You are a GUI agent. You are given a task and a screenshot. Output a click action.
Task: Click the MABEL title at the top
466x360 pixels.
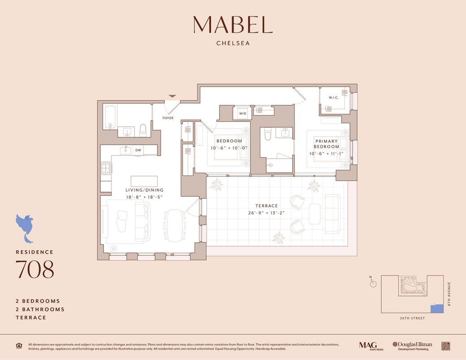[x=233, y=25]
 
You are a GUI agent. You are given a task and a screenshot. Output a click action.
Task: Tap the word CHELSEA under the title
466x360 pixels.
[x=233, y=43]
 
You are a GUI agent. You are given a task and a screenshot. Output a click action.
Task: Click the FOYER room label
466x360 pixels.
[x=168, y=118]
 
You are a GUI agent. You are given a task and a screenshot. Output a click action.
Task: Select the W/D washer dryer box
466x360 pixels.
[x=242, y=114]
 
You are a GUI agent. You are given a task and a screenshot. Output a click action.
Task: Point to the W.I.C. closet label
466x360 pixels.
[x=333, y=97]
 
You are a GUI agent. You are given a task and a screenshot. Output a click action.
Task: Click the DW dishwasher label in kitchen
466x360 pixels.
[x=138, y=150]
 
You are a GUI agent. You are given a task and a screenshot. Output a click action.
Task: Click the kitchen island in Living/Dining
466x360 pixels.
[x=144, y=181]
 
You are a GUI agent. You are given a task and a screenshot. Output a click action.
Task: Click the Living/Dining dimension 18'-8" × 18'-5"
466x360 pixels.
[x=144, y=196]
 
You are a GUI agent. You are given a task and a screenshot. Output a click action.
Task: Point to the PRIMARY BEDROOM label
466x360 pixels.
[x=326, y=144]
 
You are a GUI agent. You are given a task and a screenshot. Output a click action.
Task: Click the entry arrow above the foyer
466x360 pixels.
[x=172, y=96]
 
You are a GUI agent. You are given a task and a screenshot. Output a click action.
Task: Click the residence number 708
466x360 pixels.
[x=35, y=269]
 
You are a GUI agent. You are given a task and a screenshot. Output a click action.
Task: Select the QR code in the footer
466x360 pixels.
[x=445, y=346]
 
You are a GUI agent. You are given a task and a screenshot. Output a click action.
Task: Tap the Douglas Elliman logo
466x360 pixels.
[x=412, y=346]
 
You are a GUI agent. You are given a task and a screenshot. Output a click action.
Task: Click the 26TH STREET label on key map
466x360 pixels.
[x=412, y=318]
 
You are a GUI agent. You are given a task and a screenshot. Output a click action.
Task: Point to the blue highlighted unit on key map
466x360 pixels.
[x=436, y=309]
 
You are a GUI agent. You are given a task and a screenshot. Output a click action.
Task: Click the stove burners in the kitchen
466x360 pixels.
[x=106, y=168]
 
